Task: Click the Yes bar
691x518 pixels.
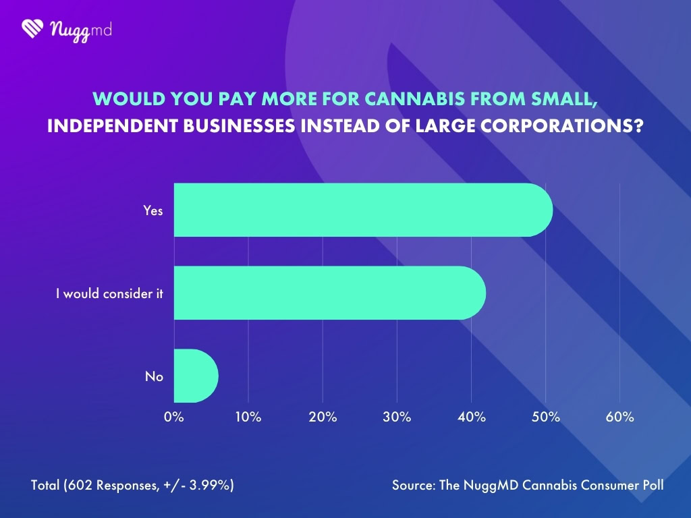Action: [363, 210]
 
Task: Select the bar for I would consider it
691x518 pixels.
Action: [329, 293]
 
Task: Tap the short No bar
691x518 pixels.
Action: [196, 376]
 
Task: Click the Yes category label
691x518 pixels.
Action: [153, 210]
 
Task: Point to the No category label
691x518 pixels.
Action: [154, 376]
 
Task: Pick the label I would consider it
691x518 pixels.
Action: [109, 293]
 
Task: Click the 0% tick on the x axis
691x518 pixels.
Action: [174, 417]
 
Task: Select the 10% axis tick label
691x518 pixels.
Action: [248, 417]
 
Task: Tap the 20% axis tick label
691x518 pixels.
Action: [323, 417]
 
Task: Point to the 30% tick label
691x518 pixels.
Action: [397, 417]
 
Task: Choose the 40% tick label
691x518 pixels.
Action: [472, 417]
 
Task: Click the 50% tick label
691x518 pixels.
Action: [546, 417]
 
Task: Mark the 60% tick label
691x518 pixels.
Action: [619, 417]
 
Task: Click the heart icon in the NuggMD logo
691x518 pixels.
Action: [32, 28]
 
